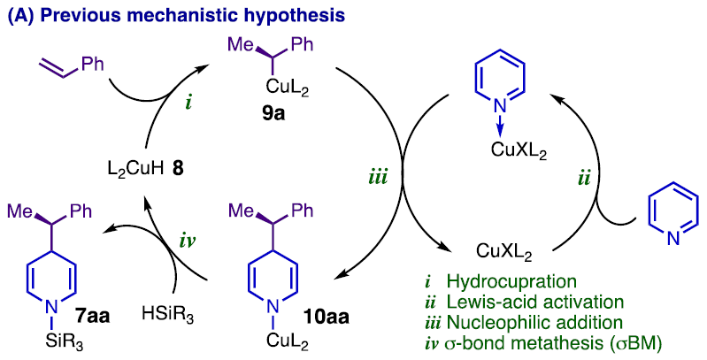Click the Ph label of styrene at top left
pos(91,62)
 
